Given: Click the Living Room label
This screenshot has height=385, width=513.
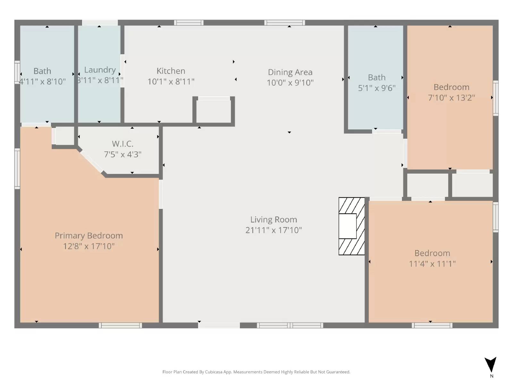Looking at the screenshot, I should [273, 219].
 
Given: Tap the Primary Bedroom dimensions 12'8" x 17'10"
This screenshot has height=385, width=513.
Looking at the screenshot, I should [89, 246].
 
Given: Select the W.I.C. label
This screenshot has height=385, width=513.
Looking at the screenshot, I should [122, 144].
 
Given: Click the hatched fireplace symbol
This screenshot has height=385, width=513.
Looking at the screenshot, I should [352, 226].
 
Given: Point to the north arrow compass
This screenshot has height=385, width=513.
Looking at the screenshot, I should [491, 365].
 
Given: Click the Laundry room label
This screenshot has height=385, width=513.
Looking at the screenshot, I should [100, 70].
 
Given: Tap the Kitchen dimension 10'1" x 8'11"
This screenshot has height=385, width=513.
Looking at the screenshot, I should [171, 81].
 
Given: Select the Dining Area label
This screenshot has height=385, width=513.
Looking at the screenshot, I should [290, 72].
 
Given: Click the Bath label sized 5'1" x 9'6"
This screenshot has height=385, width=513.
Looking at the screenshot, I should [376, 78].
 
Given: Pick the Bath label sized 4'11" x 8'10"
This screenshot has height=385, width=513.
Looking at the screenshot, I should [42, 71].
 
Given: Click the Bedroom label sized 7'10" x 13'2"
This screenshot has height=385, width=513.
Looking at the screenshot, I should [451, 87].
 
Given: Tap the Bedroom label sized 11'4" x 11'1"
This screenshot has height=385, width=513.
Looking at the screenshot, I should [432, 253].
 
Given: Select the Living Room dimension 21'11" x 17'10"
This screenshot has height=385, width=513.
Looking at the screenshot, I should [273, 230].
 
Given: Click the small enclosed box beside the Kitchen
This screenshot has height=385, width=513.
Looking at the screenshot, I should [214, 111].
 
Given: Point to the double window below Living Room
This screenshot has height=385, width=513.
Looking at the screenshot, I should [290, 325].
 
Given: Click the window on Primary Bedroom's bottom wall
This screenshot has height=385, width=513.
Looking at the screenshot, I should [120, 325].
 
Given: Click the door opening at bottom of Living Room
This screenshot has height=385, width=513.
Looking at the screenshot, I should [219, 325].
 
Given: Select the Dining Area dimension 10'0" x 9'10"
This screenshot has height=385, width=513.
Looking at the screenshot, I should [290, 83].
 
